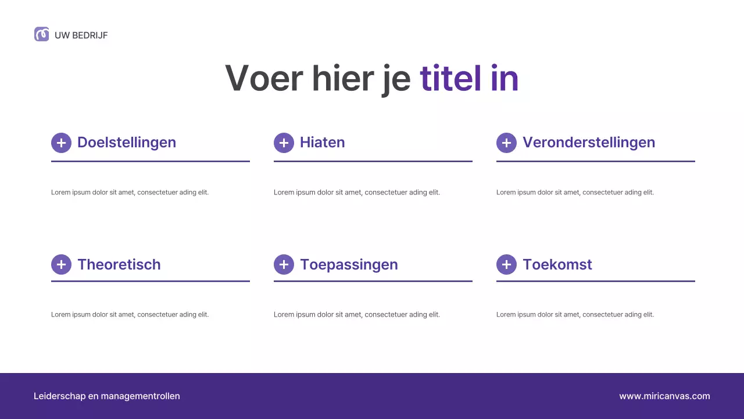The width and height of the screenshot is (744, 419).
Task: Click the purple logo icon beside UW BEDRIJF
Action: coord(41,34)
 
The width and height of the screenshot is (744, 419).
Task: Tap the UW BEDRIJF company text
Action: coord(81,35)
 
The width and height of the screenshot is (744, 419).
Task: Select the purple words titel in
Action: coord(468,78)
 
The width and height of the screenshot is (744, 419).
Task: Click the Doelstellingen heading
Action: coord(127,143)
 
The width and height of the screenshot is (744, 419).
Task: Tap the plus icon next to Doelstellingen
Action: coord(61,143)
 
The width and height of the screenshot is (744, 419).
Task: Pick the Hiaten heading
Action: coord(323,143)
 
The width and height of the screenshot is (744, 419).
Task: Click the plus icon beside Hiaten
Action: coord(284,143)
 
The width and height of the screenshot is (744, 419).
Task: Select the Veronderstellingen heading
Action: coord(589,143)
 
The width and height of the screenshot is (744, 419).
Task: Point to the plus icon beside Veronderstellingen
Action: coord(506,143)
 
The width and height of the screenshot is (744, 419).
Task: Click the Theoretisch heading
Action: coord(119,265)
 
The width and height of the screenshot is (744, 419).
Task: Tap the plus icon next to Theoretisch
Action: coord(61,265)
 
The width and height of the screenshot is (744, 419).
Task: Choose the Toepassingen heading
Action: coord(349,265)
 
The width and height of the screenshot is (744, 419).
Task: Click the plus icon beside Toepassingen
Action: coord(284,265)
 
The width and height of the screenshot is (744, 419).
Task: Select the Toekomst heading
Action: coord(557,265)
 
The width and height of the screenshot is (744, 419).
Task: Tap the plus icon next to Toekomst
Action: coord(506,265)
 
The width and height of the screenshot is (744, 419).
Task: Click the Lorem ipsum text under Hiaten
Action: coord(357,193)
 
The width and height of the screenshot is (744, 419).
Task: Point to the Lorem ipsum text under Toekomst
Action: coord(575,315)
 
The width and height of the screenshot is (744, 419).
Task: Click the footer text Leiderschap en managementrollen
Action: coord(107,396)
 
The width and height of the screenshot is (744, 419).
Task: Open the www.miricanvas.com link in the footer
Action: coord(664,396)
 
